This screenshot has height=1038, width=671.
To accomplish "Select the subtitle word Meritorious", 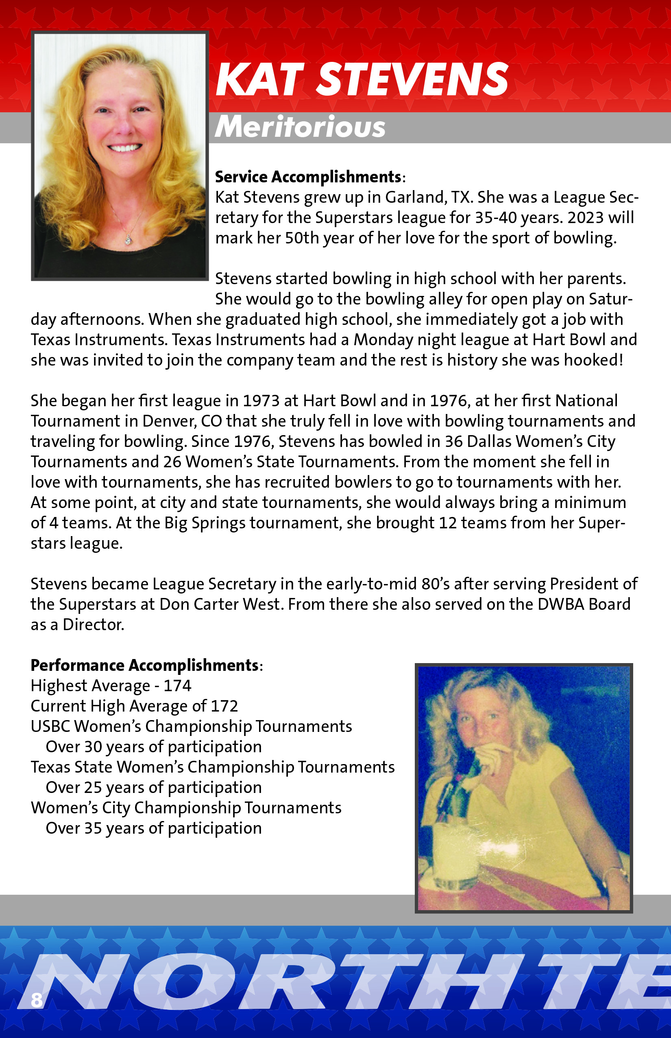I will tap(300, 127).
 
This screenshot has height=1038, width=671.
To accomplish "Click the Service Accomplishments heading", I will tap(308, 177).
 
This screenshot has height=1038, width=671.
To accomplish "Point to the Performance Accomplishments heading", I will tap(145, 666).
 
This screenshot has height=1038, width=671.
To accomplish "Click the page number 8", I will tap(37, 1000).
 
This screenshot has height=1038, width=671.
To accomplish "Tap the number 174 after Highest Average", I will tap(177, 686).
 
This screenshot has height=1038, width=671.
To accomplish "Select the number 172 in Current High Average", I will tap(224, 706).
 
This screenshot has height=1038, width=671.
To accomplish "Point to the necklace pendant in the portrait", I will tap(128, 239).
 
